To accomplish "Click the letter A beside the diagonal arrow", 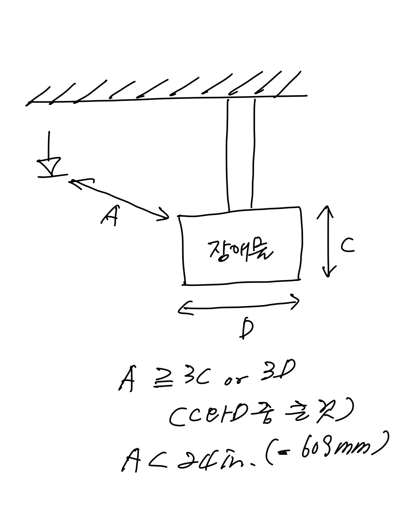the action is click(x=109, y=216).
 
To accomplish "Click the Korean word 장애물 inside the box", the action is click(x=240, y=251).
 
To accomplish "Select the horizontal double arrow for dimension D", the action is click(x=239, y=306).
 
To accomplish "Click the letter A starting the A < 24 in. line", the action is click(x=131, y=461).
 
